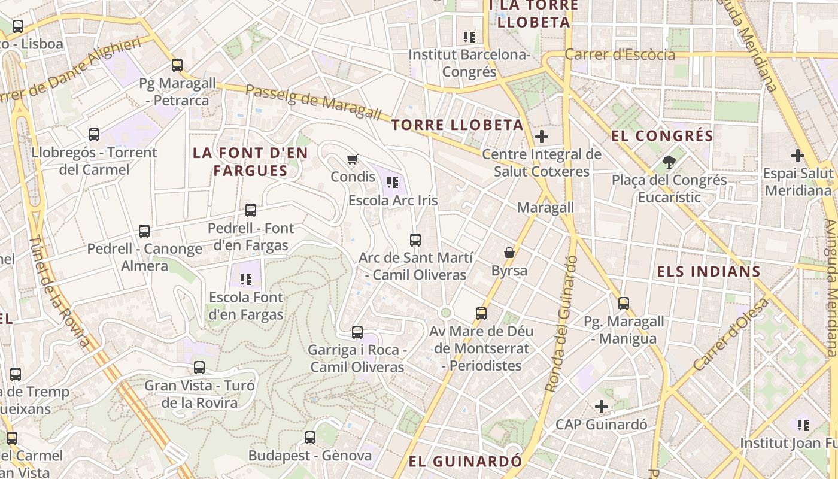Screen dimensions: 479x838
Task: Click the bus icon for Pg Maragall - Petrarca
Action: tap(177, 65)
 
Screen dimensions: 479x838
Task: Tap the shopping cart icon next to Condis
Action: tap(353, 159)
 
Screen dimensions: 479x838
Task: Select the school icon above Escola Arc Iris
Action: tap(393, 182)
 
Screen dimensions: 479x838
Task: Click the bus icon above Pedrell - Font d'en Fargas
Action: tap(251, 210)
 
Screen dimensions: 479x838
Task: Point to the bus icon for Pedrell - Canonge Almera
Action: tap(144, 231)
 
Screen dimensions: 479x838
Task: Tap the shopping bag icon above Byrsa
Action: tap(509, 253)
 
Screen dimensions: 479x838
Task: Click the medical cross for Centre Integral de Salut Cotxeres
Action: tap(542, 137)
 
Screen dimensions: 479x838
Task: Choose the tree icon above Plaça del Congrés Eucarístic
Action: tap(669, 162)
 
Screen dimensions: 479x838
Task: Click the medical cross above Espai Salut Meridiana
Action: tap(798, 156)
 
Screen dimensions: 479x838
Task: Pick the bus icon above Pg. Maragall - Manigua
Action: tap(624, 304)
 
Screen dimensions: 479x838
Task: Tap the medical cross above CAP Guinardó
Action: tap(602, 407)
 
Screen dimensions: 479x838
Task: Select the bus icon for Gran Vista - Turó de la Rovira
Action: tap(199, 368)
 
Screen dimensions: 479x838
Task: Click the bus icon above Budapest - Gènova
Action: tap(310, 438)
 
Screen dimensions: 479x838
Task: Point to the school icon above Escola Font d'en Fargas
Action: tap(245, 279)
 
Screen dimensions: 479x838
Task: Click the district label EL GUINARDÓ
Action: tap(465, 462)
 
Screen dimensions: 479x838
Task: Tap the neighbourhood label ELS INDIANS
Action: tap(709, 272)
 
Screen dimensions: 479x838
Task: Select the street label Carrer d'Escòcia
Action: tap(620, 55)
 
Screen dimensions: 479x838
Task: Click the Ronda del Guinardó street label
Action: tap(561, 323)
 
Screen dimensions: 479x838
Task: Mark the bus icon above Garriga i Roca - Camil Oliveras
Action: tap(357, 332)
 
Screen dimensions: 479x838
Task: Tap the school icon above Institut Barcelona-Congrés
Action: tap(469, 37)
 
